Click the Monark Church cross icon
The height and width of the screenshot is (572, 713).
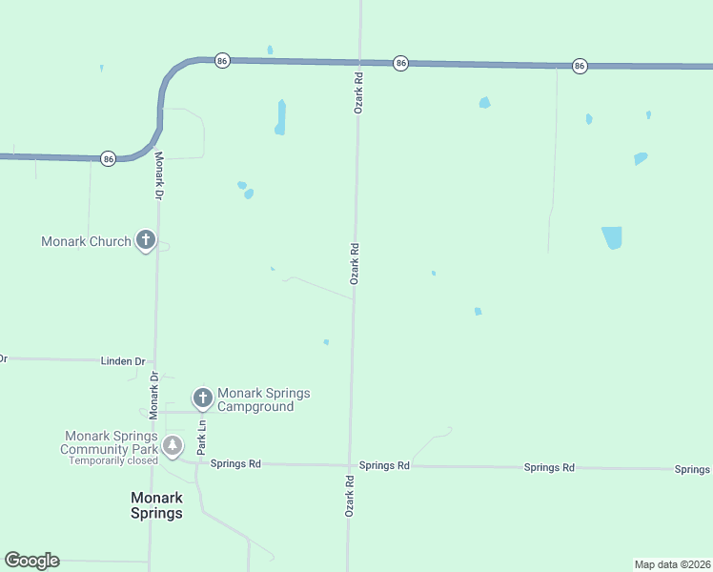[x=145, y=240]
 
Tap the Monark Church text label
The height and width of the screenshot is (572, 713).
[x=86, y=241]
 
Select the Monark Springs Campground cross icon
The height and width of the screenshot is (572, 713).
[x=202, y=398]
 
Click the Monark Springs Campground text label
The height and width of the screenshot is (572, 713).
[x=264, y=399]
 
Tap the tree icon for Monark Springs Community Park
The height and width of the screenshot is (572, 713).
[x=172, y=445]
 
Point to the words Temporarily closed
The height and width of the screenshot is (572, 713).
[x=112, y=460]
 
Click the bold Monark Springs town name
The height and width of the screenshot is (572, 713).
[x=156, y=505]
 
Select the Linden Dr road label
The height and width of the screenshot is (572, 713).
[x=123, y=361]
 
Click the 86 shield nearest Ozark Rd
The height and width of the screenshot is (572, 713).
[x=400, y=63]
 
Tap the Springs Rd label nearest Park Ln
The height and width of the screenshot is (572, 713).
[x=235, y=463]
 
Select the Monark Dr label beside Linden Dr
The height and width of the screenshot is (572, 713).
[x=153, y=391]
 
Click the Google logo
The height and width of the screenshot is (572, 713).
[x=31, y=561]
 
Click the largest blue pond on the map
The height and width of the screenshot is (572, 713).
[x=611, y=237]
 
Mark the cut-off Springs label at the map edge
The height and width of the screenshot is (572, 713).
[x=693, y=469]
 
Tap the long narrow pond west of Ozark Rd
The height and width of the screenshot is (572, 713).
[x=280, y=116]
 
